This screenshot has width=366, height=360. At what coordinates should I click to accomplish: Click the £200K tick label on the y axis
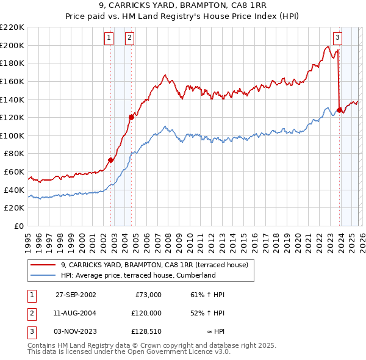[x=12, y=45]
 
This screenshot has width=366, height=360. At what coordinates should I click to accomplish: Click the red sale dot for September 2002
[x=110, y=160]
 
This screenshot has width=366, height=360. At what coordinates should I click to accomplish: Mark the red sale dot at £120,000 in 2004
[x=131, y=117]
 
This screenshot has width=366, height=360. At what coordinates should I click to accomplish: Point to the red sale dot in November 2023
[x=339, y=110]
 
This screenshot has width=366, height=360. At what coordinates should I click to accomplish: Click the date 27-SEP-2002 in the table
[x=76, y=295]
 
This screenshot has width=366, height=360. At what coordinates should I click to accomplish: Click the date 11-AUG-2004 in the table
[x=76, y=313]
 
